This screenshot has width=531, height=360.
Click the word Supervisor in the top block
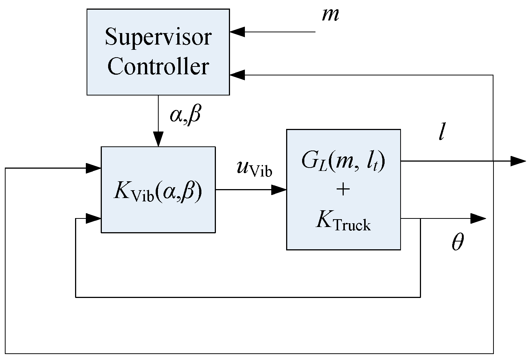pos(158,37)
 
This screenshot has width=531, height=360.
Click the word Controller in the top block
pos(158,67)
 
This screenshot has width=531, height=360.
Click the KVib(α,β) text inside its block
pos(158,192)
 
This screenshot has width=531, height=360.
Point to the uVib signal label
pos(254,169)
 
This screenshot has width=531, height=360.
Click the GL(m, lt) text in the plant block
pos(343,162)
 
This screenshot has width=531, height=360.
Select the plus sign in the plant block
pos(343,189)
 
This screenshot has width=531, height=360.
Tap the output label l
pos(441,132)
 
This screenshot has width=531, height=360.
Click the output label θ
pos(457,243)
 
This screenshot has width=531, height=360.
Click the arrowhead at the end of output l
pos(518,161)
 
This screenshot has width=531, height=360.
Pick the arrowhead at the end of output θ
pos(478,218)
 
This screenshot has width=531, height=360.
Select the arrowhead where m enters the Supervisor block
pos(237,32)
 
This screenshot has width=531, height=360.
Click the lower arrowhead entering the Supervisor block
pos(237,75)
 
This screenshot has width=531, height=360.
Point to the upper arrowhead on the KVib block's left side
pos(94,168)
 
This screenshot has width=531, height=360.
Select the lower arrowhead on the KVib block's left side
pos(94,218)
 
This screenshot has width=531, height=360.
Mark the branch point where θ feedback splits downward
pos(420,218)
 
